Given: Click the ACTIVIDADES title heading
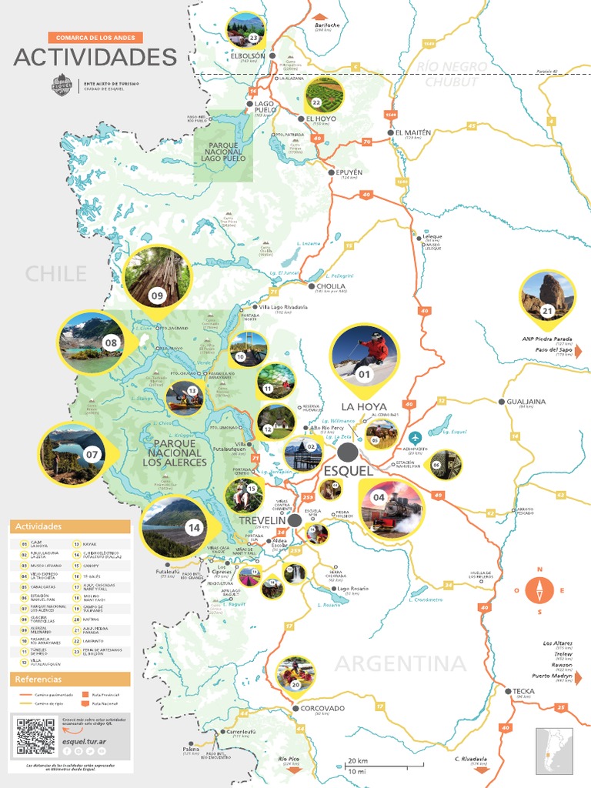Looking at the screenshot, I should click(x=95, y=58).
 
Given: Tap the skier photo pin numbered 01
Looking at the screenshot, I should click(x=364, y=356).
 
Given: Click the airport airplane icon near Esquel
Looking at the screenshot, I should click(x=416, y=439).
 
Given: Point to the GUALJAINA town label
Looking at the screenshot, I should click(x=526, y=402).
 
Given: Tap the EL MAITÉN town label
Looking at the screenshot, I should click(x=413, y=132).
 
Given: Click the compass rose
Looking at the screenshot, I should click(x=540, y=591).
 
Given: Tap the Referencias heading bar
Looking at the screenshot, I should click(x=70, y=679).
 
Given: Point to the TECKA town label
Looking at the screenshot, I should click(x=523, y=691).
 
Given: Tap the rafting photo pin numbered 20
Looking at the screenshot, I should click(x=295, y=673).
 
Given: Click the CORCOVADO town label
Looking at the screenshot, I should click(x=323, y=708).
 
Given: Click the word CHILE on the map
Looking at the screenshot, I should click(x=55, y=273).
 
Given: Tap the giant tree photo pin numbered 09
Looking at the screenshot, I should click(x=157, y=277).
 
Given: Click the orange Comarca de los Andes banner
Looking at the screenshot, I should click(x=95, y=37).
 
